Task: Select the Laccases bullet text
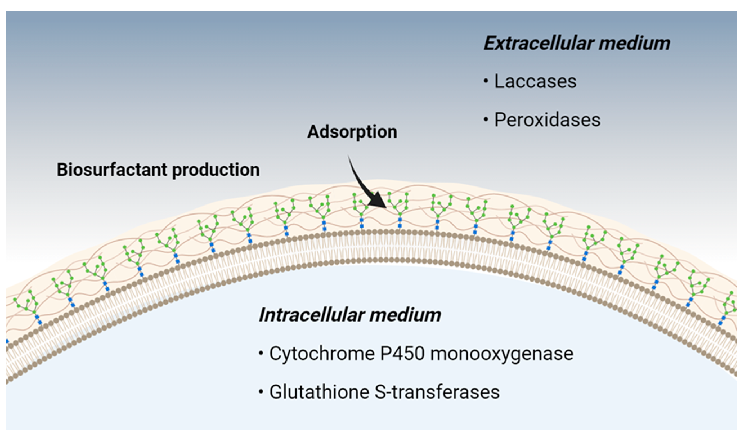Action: click(535, 81)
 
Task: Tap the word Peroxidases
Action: click(547, 120)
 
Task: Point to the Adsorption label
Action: click(352, 132)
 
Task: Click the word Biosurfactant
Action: click(112, 170)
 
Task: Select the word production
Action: click(216, 170)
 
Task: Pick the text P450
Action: click(402, 354)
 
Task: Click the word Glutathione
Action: click(319, 392)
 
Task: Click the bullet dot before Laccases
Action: click(486, 82)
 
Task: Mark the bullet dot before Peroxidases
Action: click(486, 120)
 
